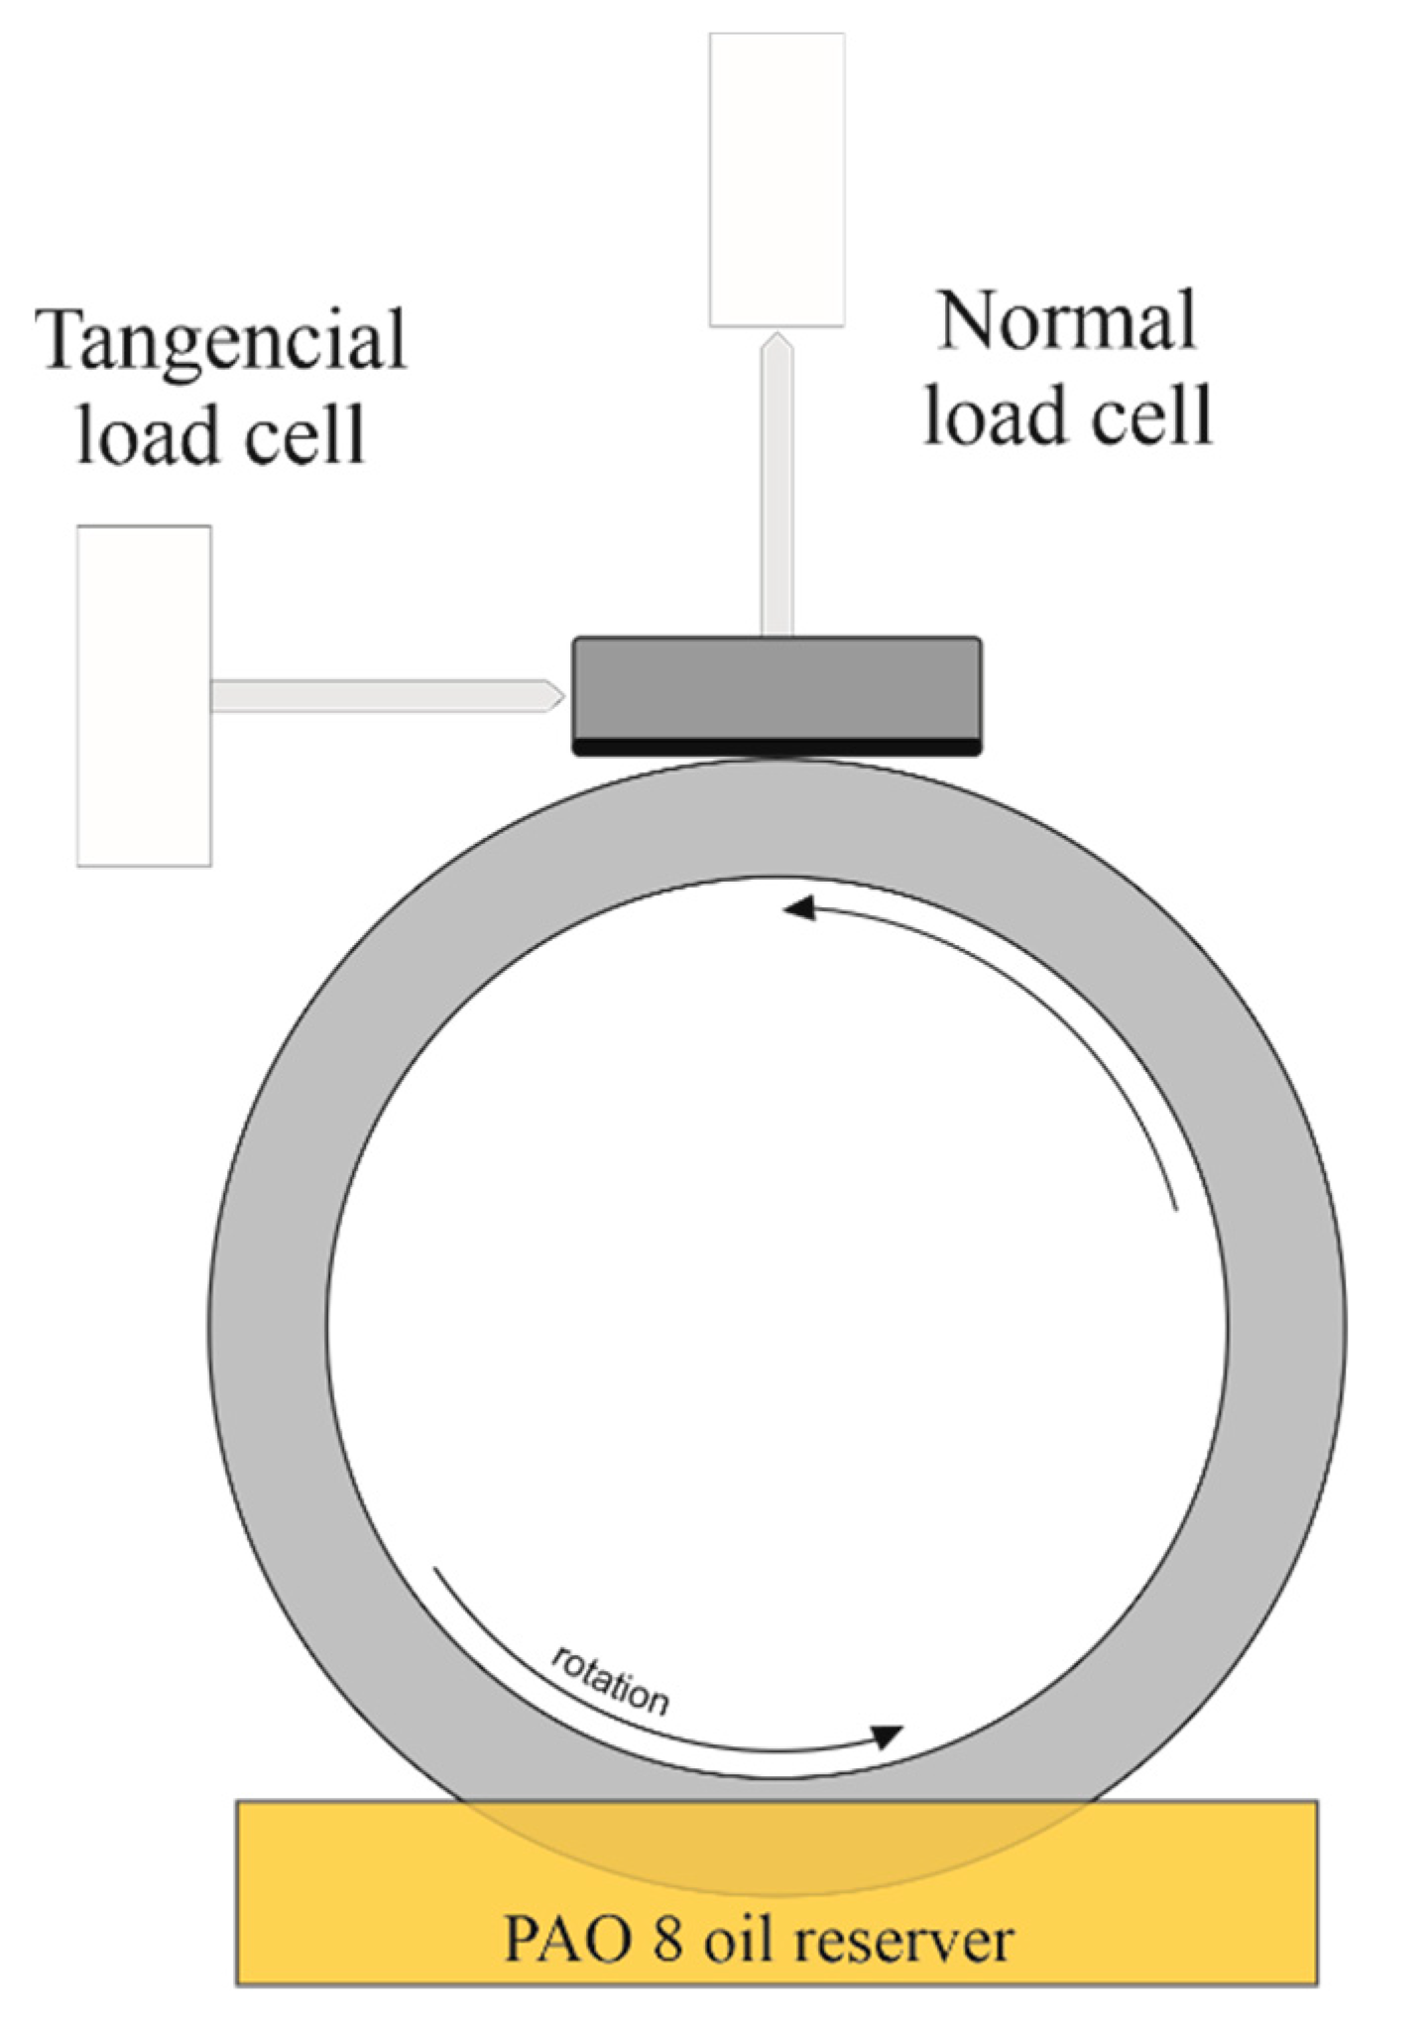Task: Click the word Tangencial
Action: pos(220,339)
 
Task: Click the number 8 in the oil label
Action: pos(667,1937)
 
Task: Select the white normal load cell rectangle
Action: pos(776,179)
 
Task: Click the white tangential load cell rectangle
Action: pos(144,695)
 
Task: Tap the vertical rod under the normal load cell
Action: pos(776,496)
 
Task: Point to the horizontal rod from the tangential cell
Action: pos(377,695)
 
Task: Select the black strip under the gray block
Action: pos(776,747)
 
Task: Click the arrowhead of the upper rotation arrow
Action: pos(799,907)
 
